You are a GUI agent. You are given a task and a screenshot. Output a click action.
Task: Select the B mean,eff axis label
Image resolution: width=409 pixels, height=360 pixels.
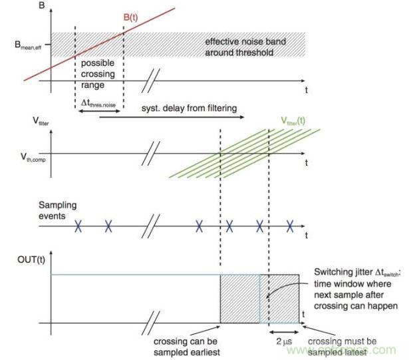(x=25, y=45)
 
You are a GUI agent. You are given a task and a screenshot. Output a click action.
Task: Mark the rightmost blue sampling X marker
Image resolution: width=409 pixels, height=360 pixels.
(x=289, y=226)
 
